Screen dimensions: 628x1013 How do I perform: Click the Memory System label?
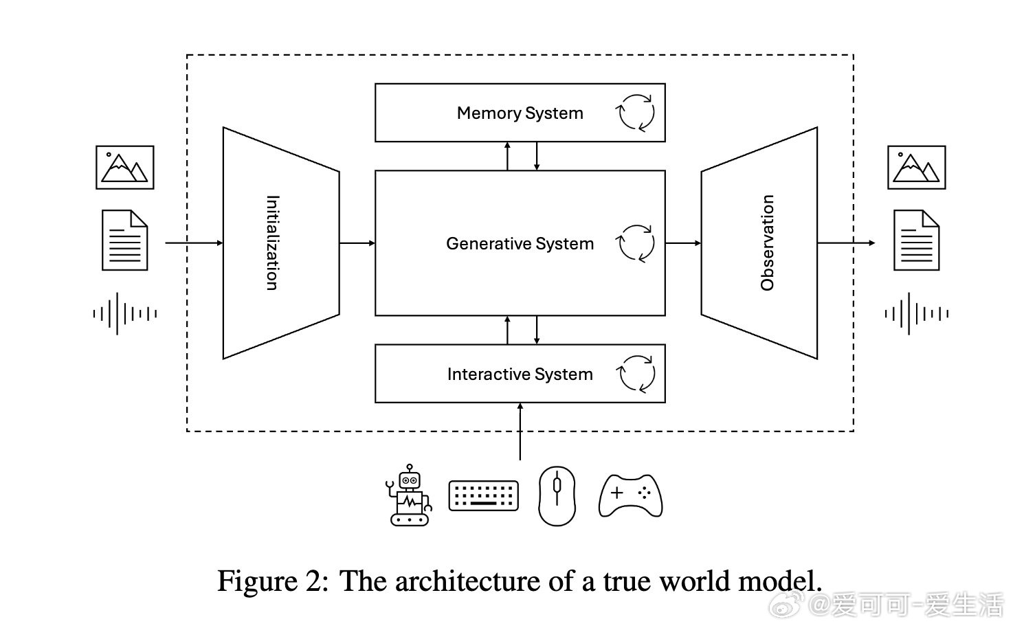pyautogui.click(x=520, y=113)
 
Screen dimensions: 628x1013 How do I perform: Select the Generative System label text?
pyautogui.click(x=520, y=244)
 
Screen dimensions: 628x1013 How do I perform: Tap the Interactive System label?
pyautogui.click(x=520, y=374)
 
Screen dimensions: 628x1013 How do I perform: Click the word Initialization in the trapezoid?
pyautogui.click(x=272, y=243)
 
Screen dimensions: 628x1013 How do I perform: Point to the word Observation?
pyautogui.click(x=768, y=243)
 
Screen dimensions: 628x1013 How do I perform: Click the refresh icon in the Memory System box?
pyautogui.click(x=636, y=113)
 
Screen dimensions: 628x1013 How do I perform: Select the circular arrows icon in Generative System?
pyautogui.click(x=636, y=244)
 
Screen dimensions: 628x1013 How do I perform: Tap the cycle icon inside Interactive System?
pyautogui.click(x=636, y=374)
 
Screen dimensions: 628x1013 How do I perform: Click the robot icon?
pyautogui.click(x=409, y=495)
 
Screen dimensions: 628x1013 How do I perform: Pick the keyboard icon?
pyautogui.click(x=483, y=495)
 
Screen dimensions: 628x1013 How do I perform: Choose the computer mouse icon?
pyautogui.click(x=557, y=496)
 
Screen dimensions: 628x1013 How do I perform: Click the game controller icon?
pyautogui.click(x=631, y=495)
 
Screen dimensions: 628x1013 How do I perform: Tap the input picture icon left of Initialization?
pyautogui.click(x=124, y=167)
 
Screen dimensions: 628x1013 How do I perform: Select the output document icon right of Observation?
pyautogui.click(x=916, y=240)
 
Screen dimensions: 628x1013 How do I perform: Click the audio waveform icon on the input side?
pyautogui.click(x=124, y=314)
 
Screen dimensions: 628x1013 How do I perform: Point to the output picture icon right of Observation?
pyautogui.click(x=916, y=167)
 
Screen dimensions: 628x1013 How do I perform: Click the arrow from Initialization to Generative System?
pyautogui.click(x=357, y=243)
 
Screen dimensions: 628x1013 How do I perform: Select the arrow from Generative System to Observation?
pyautogui.click(x=683, y=243)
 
